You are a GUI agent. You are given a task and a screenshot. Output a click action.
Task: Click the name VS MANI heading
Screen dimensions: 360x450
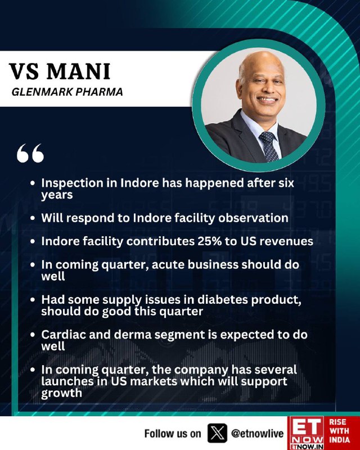click(60, 71)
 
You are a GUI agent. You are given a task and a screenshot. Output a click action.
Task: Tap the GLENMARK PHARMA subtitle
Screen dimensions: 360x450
click(67, 92)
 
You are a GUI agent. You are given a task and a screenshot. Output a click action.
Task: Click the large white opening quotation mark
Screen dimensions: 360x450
click(30, 153)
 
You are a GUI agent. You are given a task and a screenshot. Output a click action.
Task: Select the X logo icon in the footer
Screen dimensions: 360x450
click(217, 433)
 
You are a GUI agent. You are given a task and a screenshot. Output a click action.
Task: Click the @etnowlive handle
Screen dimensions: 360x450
click(257, 434)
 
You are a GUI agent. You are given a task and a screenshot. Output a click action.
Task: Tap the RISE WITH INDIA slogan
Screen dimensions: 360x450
click(339, 430)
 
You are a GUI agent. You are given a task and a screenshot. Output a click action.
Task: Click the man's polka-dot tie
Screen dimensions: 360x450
click(269, 146)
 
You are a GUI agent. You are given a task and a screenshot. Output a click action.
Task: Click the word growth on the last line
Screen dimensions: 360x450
click(61, 393)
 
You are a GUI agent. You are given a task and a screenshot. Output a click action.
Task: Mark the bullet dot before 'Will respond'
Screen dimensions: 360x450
click(33, 218)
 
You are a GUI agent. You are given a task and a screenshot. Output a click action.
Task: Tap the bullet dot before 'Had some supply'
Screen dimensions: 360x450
click(33, 300)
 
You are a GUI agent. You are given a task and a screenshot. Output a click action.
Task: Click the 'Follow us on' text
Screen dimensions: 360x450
click(173, 433)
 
